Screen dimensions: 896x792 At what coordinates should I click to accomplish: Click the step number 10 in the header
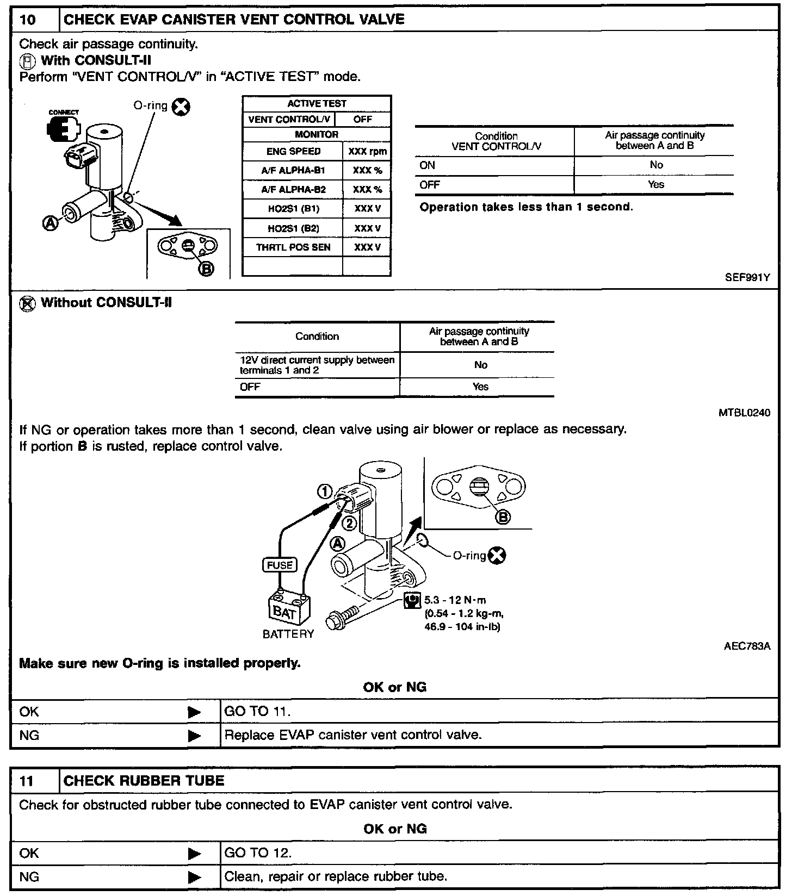pyautogui.click(x=28, y=20)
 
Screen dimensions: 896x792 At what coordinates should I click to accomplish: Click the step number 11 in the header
pyautogui.click(x=27, y=781)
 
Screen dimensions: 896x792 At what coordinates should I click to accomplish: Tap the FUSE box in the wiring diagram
pyautogui.click(x=280, y=565)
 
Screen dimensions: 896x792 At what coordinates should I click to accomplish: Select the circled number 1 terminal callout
pyautogui.click(x=325, y=492)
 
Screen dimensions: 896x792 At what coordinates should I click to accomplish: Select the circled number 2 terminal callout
pyautogui.click(x=349, y=524)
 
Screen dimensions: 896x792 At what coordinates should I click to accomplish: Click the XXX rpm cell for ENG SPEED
pyautogui.click(x=367, y=152)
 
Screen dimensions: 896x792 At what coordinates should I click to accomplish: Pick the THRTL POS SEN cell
pyautogui.click(x=293, y=247)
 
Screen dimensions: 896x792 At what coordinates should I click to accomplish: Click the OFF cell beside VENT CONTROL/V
pyautogui.click(x=363, y=120)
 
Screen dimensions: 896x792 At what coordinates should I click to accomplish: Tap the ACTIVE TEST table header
pyautogui.click(x=317, y=103)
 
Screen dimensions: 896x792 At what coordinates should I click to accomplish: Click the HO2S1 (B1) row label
pyautogui.click(x=293, y=209)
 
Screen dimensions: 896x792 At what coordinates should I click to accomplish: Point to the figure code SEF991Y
pyautogui.click(x=747, y=277)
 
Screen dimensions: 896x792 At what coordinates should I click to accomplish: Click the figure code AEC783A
pyautogui.click(x=747, y=646)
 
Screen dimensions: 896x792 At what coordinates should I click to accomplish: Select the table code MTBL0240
pyautogui.click(x=744, y=413)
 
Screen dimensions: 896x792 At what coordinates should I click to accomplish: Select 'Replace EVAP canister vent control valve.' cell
pyautogui.click(x=353, y=735)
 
